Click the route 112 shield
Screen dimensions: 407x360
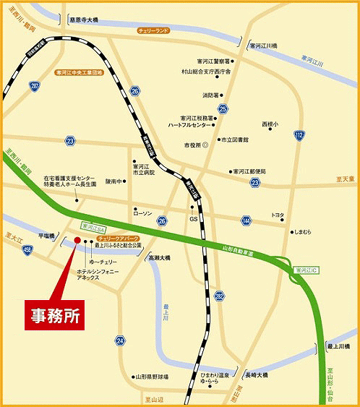tap(299, 134)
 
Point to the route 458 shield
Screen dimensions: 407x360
tap(27, 250)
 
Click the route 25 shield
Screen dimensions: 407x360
tap(223, 109)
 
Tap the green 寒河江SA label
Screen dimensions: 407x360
tap(94, 226)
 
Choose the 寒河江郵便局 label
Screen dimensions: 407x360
tap(249, 171)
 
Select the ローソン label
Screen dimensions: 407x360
tap(142, 214)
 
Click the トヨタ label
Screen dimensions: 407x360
tap(277, 215)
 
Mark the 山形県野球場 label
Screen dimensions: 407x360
tap(153, 377)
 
